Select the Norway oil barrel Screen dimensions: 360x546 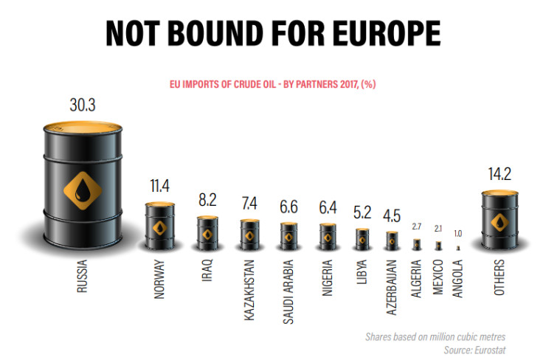point(159,225)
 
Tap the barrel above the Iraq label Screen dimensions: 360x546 point(207,232)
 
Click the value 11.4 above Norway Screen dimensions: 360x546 point(159,185)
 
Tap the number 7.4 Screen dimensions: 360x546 point(249,203)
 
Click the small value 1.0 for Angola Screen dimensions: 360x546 point(457,232)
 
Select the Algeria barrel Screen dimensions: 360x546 point(416,243)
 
